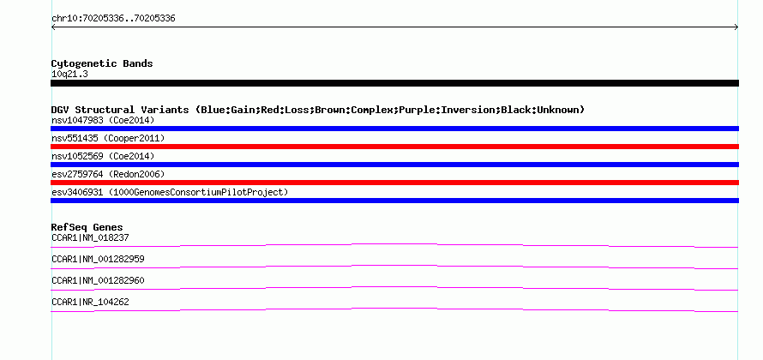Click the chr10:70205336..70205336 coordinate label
click(x=113, y=18)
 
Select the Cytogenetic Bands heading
click(x=102, y=63)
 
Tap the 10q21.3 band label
click(x=69, y=74)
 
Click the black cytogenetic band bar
click(x=394, y=83)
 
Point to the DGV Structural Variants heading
click(x=317, y=110)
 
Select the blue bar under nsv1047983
click(x=394, y=129)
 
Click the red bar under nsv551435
click(x=394, y=147)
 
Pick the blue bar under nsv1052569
click(x=394, y=165)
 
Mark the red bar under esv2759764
click(x=394, y=183)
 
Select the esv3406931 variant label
click(x=170, y=192)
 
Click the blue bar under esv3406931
click(x=394, y=201)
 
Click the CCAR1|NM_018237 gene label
click(x=90, y=237)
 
